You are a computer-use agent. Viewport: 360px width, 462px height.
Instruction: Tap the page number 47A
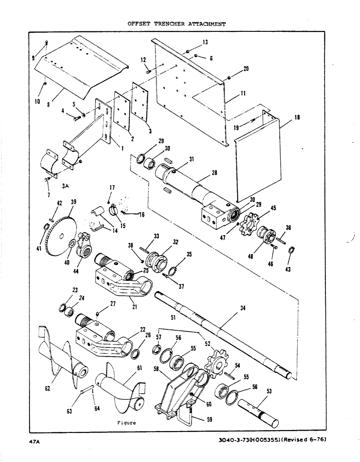click(36, 442)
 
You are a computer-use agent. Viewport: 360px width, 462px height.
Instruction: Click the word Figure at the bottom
click(126, 422)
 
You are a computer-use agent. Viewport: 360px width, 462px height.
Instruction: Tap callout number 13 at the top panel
click(204, 42)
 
